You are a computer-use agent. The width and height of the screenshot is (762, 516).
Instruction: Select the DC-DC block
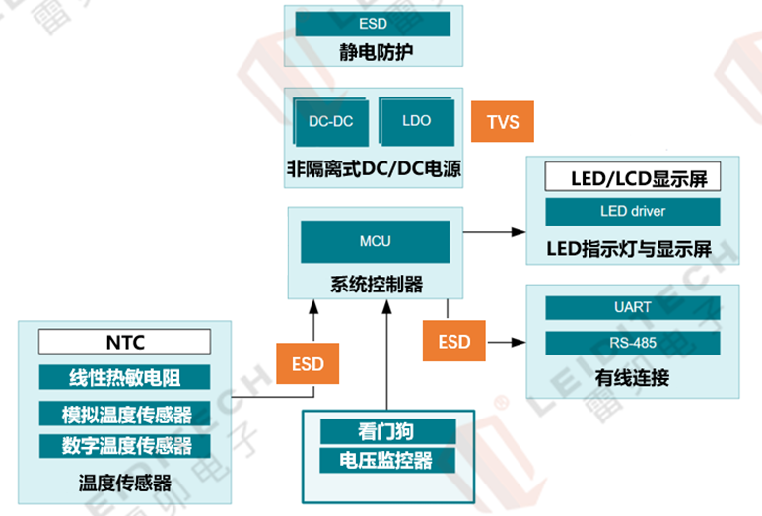coord(330,122)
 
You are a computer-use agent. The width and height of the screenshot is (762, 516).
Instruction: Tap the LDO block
coord(417,121)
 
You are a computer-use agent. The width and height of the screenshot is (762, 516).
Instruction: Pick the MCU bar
coord(375,240)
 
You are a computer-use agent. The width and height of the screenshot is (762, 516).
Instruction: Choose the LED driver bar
coord(632,211)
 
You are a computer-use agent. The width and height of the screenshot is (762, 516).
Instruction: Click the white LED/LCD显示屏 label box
coord(632,178)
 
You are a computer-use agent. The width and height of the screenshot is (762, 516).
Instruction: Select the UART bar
coord(632,307)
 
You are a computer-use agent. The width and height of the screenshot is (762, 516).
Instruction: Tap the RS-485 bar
coord(632,344)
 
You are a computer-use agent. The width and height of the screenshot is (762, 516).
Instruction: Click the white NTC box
coord(125,342)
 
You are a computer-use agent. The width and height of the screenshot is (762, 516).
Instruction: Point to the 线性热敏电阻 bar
coord(125,377)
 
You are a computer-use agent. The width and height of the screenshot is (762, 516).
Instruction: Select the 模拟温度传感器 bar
coord(125,413)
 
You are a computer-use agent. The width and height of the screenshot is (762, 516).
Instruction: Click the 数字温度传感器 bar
coord(125,445)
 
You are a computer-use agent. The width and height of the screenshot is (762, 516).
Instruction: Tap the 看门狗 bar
coord(388,430)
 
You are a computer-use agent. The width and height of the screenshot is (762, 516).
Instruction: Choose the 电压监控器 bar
coord(388,459)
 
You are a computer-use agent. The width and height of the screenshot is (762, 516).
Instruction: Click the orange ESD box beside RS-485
coord(454,342)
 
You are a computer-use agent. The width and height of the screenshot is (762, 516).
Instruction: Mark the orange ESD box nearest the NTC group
coord(308,362)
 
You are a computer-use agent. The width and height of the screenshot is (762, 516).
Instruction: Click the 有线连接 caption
coord(632,378)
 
